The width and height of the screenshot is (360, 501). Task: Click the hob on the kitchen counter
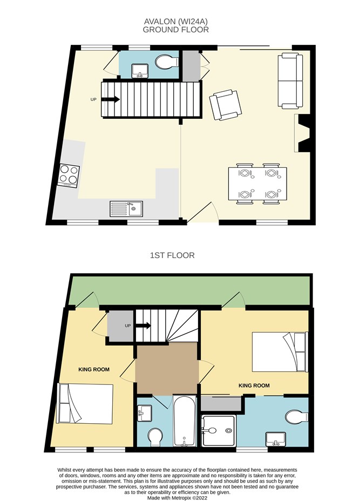[x=69, y=175]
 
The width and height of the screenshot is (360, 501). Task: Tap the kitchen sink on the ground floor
[x=126, y=208]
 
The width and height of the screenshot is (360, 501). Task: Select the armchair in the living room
[x=226, y=105]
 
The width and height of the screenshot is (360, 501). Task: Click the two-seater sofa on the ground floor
[x=290, y=81]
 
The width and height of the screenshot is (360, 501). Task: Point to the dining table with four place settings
[x=257, y=184]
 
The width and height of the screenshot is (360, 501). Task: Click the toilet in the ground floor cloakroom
[x=167, y=62]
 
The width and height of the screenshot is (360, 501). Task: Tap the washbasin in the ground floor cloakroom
[x=140, y=71]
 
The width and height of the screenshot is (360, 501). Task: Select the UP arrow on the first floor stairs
[x=144, y=326]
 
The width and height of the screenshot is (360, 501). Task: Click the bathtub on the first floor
[x=185, y=421]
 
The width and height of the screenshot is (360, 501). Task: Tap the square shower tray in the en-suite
[x=219, y=430]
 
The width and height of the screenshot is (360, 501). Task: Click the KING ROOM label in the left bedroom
[x=94, y=369]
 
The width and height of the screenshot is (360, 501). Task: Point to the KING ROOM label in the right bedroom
[x=254, y=385]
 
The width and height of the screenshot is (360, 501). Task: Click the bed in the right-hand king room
[x=280, y=352]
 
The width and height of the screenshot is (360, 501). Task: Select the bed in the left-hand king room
[x=85, y=403]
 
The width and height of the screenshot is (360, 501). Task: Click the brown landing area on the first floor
[x=166, y=368]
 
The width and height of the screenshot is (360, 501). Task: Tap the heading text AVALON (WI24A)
[x=176, y=22]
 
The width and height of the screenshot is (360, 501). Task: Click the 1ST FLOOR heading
[x=172, y=255]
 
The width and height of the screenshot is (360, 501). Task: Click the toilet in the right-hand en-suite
[x=297, y=417]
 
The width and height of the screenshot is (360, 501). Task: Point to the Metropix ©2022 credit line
[x=177, y=498]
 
